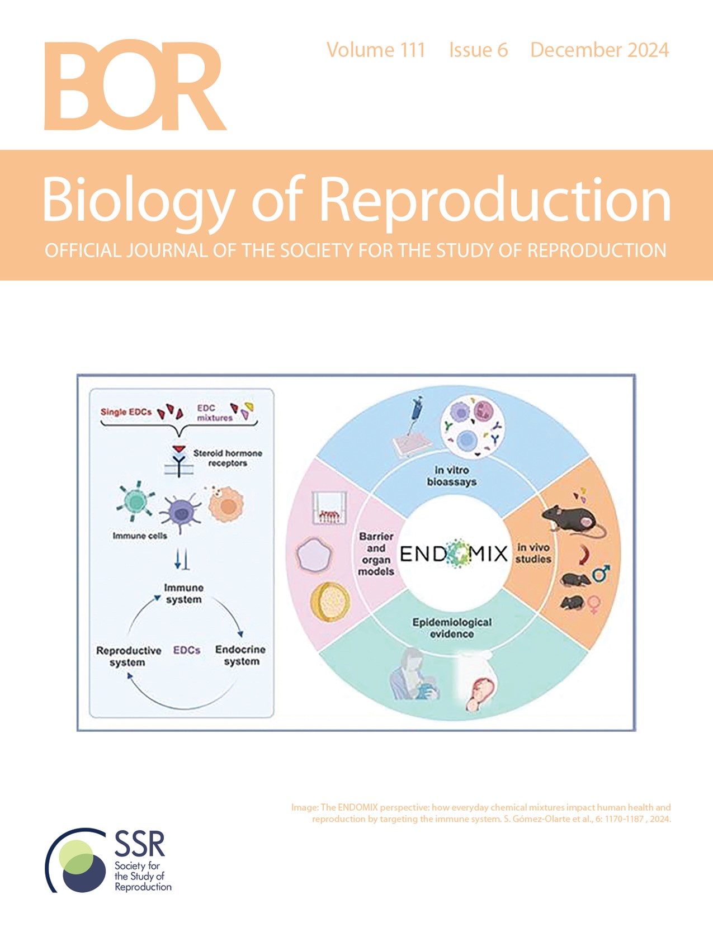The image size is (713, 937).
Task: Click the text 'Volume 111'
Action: [376, 50]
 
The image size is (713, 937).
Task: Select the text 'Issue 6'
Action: [478, 50]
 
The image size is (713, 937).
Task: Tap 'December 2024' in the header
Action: [599, 50]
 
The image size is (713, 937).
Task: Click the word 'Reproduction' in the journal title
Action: [494, 200]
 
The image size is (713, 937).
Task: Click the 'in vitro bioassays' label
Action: [451, 476]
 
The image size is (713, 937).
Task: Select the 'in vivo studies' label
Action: [533, 553]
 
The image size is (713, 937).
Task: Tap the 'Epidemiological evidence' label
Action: [452, 628]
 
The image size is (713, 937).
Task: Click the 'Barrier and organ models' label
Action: [376, 553]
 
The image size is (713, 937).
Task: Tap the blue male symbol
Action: [601, 574]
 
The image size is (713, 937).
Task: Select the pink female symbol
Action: [593, 604]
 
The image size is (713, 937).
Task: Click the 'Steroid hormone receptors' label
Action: [227, 458]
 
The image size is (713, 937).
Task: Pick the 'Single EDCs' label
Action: [126, 412]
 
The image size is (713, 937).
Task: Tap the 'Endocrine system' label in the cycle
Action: [240, 655]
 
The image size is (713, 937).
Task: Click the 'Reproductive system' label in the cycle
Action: [128, 656]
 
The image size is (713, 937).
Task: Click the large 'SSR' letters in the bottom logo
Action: [140, 844]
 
